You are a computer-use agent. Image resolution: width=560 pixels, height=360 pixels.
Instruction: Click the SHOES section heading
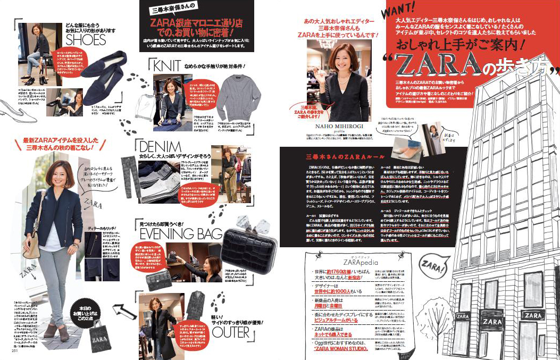pyautogui.click(x=86, y=40)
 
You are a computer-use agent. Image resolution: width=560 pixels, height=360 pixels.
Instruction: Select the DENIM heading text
pyautogui.click(x=160, y=147)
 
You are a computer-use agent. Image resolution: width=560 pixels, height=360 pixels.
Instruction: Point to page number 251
pyautogui.click(x=15, y=350)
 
